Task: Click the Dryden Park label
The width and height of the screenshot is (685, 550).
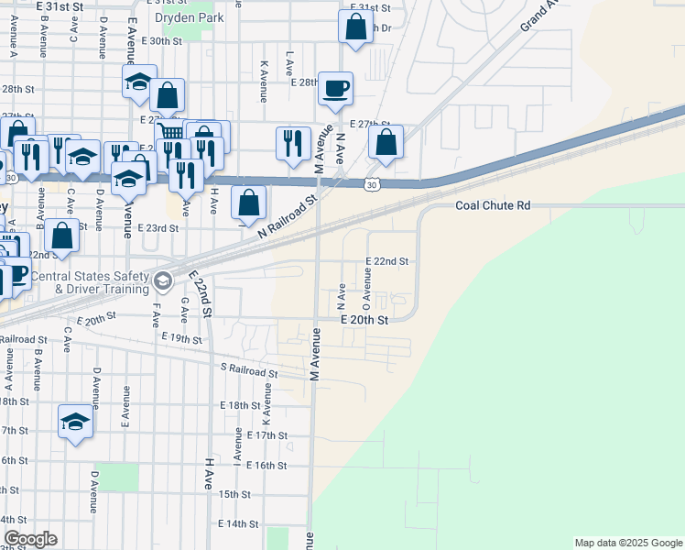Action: pyautogui.click(x=190, y=17)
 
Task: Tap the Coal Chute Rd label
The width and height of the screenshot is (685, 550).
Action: pyautogui.click(x=493, y=206)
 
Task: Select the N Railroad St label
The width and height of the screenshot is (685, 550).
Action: pyautogui.click(x=287, y=218)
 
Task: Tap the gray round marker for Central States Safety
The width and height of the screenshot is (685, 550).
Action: pyautogui.click(x=163, y=280)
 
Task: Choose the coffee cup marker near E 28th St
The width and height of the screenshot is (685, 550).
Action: pyautogui.click(x=335, y=89)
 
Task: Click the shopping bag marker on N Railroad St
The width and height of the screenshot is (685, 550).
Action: pyautogui.click(x=248, y=203)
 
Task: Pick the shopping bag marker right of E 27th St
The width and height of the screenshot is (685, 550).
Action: pyautogui.click(x=386, y=143)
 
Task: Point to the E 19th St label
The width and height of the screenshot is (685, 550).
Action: pyautogui.click(x=180, y=338)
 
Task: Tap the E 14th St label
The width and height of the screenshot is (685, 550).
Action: pyautogui.click(x=238, y=523)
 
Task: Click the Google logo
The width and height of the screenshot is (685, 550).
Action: pyautogui.click(x=30, y=539)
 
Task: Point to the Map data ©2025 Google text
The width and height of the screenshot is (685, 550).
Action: pyautogui.click(x=627, y=543)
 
